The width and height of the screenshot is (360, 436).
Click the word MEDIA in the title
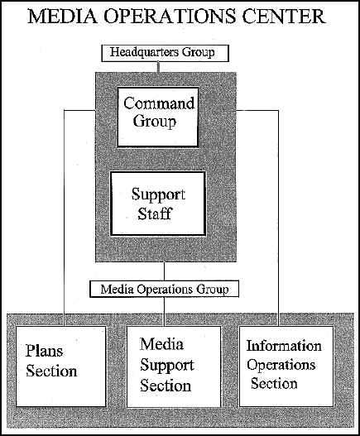click(x=63, y=16)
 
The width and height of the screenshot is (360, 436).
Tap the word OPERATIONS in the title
click(x=170, y=16)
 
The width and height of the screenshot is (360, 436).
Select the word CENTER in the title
click(x=284, y=16)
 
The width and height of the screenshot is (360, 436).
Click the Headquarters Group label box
click(x=165, y=53)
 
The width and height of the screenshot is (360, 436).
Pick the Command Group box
click(x=158, y=117)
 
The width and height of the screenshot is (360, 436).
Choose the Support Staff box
click(x=158, y=204)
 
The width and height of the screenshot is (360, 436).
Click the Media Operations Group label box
click(x=164, y=289)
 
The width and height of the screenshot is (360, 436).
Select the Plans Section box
click(x=61, y=367)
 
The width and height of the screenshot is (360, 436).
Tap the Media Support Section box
click(x=174, y=367)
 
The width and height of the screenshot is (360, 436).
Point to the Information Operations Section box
click(x=286, y=367)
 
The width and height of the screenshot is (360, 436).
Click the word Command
click(x=159, y=103)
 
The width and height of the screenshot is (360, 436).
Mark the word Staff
click(x=155, y=213)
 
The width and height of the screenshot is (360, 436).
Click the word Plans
click(x=44, y=351)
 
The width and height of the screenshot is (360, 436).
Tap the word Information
click(x=284, y=346)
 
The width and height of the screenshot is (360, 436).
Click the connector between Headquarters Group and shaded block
click(x=159, y=67)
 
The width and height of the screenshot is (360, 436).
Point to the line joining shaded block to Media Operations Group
click(x=164, y=271)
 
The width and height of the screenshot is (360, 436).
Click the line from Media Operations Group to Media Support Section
click(x=164, y=312)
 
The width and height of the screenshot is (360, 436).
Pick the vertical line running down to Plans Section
click(x=65, y=218)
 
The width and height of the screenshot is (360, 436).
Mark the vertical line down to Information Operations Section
click(x=278, y=218)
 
